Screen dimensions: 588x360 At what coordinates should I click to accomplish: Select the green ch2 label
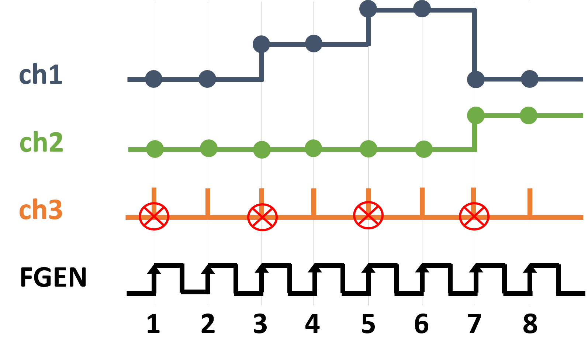(41, 143)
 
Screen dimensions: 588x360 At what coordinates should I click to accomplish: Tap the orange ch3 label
(41, 210)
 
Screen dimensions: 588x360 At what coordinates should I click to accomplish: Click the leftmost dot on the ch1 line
(154, 79)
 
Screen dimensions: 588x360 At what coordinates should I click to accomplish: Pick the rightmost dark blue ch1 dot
(530, 79)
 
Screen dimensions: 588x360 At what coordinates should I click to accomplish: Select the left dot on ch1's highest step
(368, 9)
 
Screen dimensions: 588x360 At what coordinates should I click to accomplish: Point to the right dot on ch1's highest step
(422, 9)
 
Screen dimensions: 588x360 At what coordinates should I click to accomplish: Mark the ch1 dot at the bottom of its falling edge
(476, 79)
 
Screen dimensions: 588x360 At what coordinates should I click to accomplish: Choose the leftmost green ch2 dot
(155, 149)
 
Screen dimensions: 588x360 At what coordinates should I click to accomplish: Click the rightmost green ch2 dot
(529, 115)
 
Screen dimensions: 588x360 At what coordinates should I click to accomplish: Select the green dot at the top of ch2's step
(476, 115)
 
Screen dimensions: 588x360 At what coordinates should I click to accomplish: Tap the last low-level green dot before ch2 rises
(424, 149)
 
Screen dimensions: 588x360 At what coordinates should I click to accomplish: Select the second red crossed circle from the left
(262, 217)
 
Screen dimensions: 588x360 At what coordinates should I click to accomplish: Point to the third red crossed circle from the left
(368, 215)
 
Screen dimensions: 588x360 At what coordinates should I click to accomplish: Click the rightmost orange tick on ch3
(530, 201)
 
